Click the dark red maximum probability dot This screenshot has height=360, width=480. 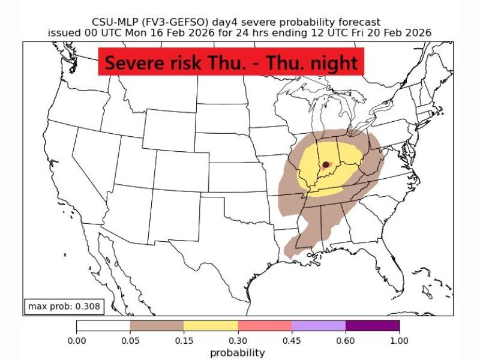(x=326, y=164)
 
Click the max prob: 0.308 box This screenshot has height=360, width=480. (x=64, y=307)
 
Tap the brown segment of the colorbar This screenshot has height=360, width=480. (x=157, y=326)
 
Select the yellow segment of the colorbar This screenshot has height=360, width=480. (x=211, y=326)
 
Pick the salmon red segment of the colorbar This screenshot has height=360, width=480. (x=265, y=326)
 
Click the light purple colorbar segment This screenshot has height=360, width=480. (x=319, y=326)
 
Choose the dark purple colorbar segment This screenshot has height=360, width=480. (x=373, y=326)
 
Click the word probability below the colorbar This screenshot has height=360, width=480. (x=237, y=352)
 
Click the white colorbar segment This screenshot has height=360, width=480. (x=103, y=326)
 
